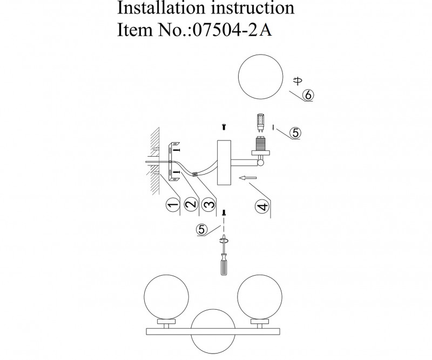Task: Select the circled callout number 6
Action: point(308,95)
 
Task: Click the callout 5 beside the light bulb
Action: point(295,133)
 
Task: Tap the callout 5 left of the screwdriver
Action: point(201,230)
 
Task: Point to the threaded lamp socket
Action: point(260,145)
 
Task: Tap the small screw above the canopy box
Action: point(223,127)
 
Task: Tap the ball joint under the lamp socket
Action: point(261,162)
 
